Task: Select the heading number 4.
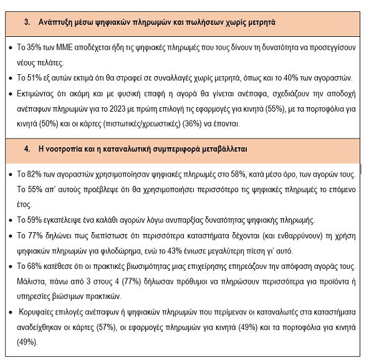point(27,149)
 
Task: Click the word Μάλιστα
point(31,282)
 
